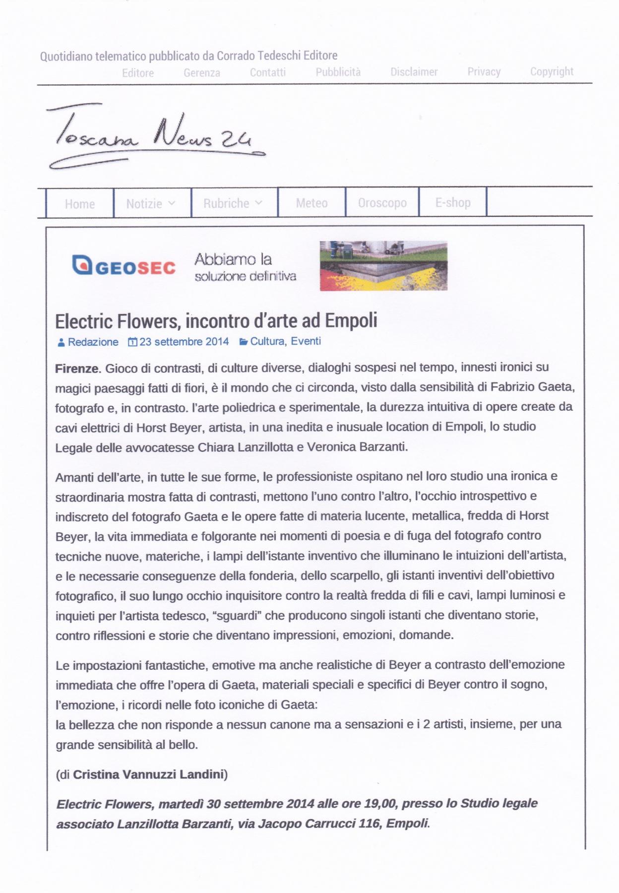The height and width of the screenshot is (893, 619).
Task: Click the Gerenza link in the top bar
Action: point(201,73)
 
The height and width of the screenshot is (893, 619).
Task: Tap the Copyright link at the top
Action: point(552,71)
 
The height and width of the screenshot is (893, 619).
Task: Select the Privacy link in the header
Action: point(484,72)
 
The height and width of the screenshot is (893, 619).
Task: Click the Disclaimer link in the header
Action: point(414,72)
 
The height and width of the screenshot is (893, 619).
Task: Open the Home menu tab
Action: point(80,203)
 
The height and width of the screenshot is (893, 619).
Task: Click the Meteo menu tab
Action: point(311,203)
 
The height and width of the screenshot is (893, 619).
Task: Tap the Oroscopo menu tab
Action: point(382,203)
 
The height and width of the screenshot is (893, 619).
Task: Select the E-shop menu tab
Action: point(453,202)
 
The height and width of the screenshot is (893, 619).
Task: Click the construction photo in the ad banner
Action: point(383,265)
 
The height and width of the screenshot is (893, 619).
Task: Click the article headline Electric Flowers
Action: point(216,320)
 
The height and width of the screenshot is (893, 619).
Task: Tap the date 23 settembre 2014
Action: point(184,342)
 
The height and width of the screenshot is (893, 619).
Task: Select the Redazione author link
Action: point(93,342)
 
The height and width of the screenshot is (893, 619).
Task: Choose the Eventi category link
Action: point(306,341)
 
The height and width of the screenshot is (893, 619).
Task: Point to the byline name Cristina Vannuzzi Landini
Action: point(149,774)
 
